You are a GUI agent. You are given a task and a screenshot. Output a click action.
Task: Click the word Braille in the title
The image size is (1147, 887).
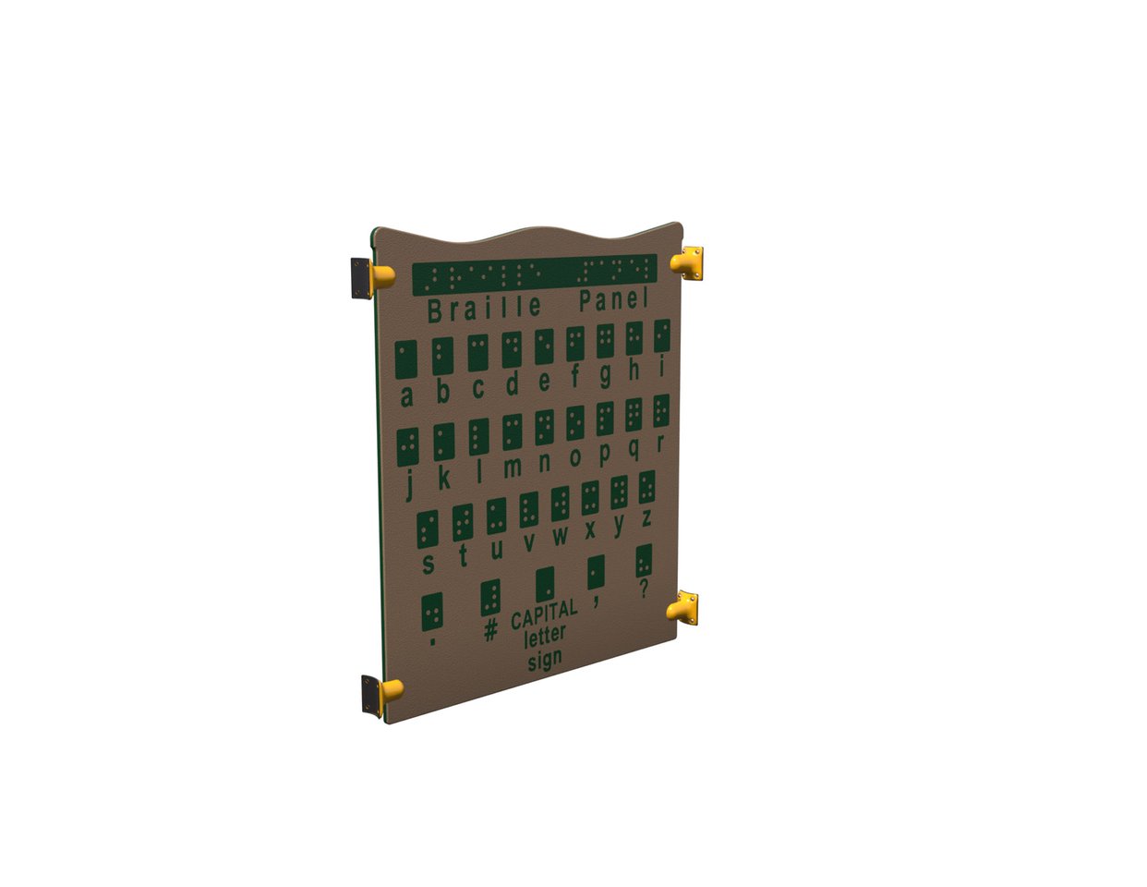click(x=485, y=309)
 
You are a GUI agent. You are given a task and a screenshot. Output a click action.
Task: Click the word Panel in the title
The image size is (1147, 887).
click(x=613, y=300)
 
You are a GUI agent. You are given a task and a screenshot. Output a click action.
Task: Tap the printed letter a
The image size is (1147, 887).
click(x=406, y=396)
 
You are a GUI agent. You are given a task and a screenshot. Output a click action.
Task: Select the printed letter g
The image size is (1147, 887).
click(x=606, y=376)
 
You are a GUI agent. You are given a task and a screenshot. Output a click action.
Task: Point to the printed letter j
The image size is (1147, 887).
click(x=409, y=486)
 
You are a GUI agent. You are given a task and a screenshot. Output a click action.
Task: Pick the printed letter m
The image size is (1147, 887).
click(x=512, y=468)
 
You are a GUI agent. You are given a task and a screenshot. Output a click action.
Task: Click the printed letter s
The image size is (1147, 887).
click(x=429, y=565)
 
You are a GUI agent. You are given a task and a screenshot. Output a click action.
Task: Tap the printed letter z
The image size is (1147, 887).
click(x=646, y=518)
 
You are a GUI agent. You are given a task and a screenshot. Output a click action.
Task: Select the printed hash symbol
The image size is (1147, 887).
click(x=491, y=629)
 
